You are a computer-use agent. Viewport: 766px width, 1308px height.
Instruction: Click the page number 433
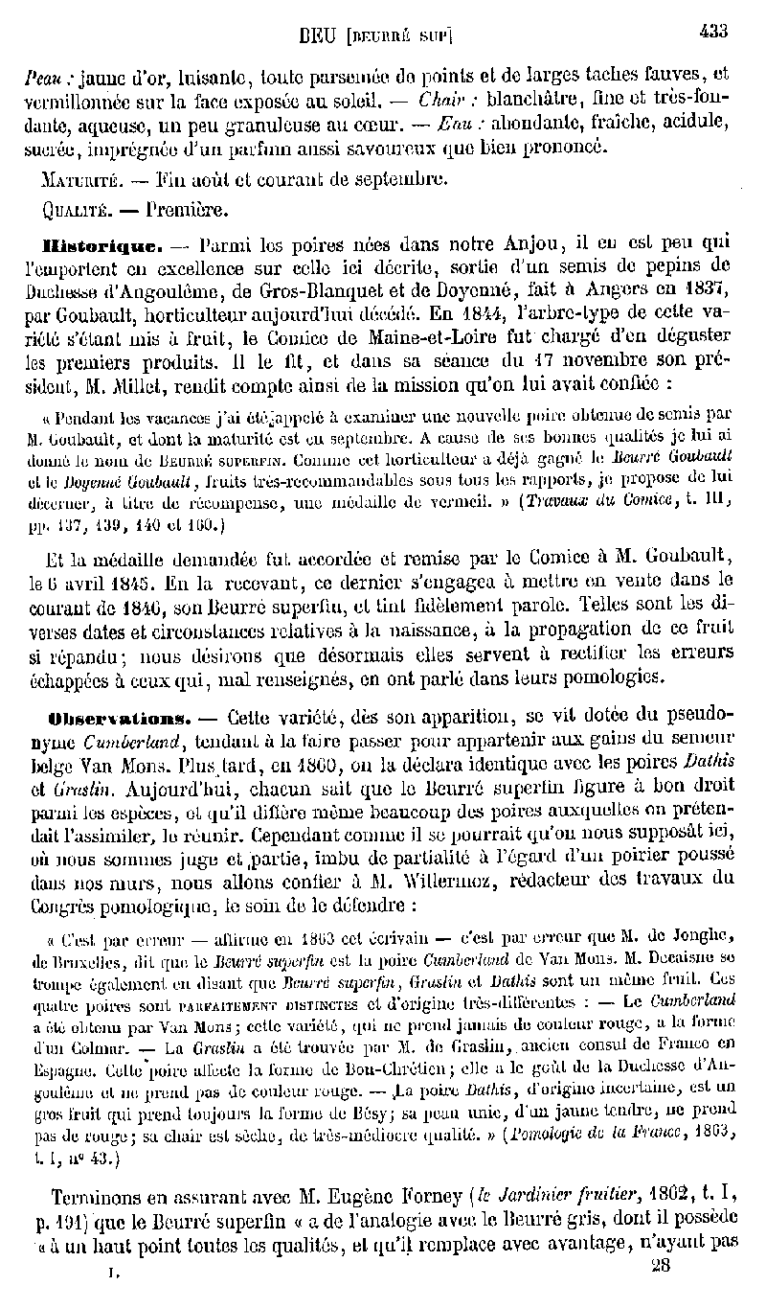coord(713,31)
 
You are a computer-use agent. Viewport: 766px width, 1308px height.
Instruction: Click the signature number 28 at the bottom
coord(660,1265)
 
